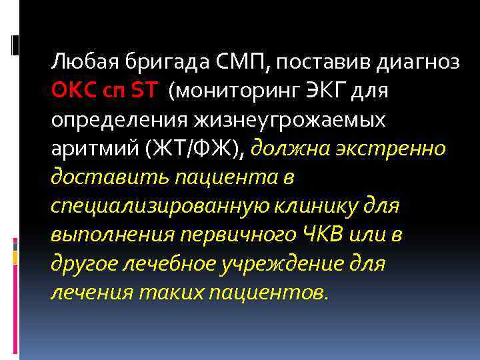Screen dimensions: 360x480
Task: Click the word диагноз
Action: (x=418, y=63)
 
